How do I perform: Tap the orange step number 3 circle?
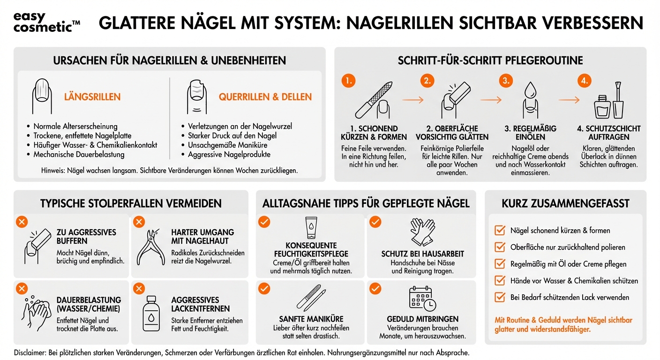coord(505,81)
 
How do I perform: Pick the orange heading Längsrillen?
coord(92,97)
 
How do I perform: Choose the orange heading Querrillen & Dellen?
coord(265,97)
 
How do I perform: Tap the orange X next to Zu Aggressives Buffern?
coord(22,222)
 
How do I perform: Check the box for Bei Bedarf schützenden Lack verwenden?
coord(500,297)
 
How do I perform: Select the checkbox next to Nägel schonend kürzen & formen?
coord(500,230)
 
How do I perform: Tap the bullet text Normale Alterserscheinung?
coord(75,127)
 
